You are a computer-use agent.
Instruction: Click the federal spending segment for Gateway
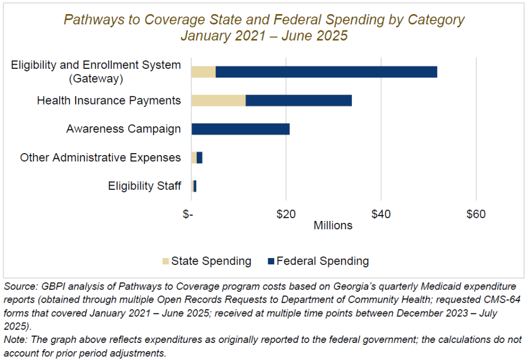[x=326, y=72]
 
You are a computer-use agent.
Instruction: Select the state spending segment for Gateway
[x=203, y=72]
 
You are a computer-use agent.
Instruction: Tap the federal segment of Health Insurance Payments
[x=299, y=100]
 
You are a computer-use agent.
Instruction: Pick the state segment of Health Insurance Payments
[x=218, y=100]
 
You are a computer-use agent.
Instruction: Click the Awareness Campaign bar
[x=240, y=129]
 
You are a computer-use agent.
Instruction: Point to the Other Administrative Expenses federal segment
[x=199, y=157]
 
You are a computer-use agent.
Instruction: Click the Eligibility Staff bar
[x=194, y=186]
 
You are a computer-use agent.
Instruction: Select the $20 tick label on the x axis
[x=286, y=214]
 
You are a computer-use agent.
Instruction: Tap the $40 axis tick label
[x=381, y=214]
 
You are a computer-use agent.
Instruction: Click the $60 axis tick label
[x=476, y=214]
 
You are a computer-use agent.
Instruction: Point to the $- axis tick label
[x=188, y=214]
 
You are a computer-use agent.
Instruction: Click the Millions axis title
[x=333, y=226]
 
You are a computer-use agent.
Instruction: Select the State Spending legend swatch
[x=165, y=261]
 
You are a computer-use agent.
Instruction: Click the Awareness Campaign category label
[x=124, y=129]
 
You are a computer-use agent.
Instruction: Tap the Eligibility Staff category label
[x=144, y=186]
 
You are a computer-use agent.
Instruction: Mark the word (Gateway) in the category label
[x=96, y=79]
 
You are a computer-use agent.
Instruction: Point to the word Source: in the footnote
[x=19, y=286]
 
